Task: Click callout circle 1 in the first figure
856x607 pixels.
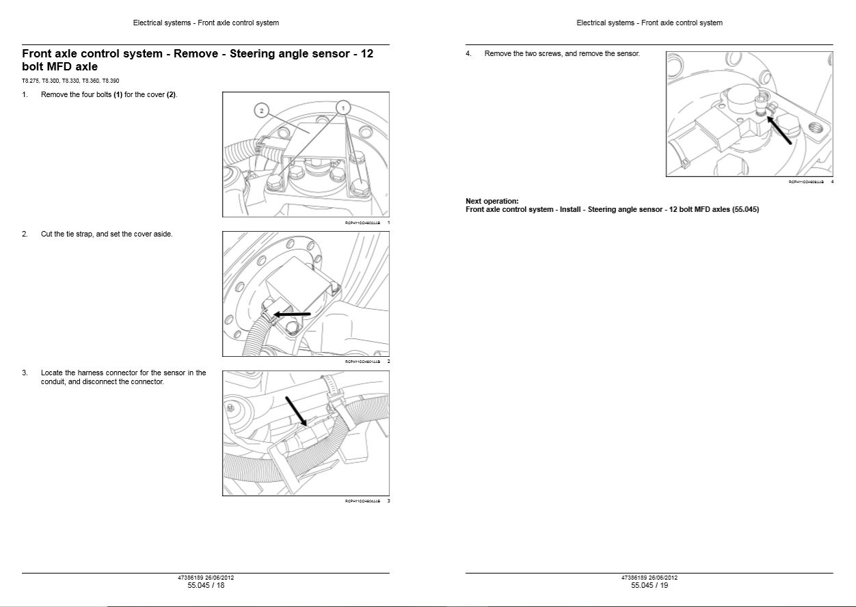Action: click(343, 107)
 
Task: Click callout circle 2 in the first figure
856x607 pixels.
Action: click(260, 110)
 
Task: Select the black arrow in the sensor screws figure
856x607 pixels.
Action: click(780, 130)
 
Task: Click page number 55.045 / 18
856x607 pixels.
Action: click(206, 585)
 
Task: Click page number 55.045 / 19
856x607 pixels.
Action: click(650, 585)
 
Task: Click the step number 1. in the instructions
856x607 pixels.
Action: click(25, 94)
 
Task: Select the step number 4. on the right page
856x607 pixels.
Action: click(468, 53)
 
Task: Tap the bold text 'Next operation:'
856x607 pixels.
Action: click(492, 201)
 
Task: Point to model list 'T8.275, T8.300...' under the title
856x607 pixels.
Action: click(70, 81)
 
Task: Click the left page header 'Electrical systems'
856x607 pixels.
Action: click(161, 23)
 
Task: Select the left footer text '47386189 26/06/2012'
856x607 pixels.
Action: click(206, 578)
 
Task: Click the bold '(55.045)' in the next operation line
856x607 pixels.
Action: click(745, 209)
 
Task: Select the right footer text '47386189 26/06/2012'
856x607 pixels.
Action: click(650, 578)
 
